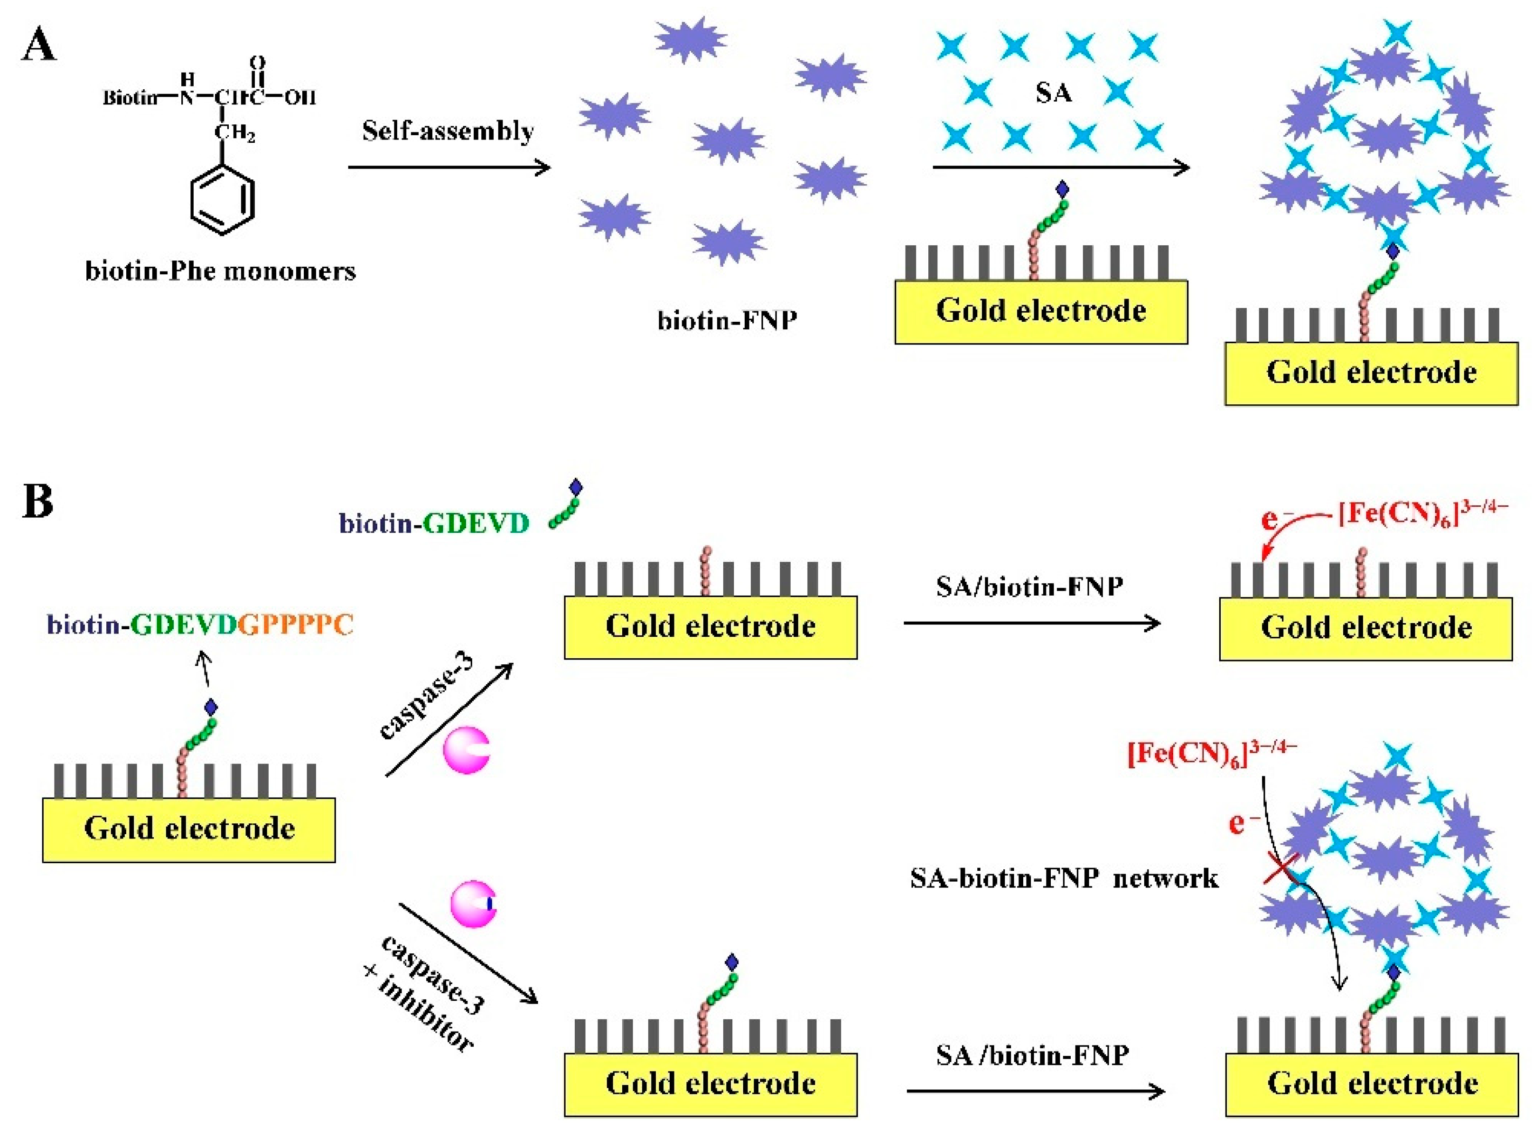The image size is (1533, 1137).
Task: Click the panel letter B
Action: (38, 501)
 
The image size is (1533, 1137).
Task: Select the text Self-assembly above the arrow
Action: (448, 131)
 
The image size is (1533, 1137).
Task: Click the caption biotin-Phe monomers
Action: (220, 271)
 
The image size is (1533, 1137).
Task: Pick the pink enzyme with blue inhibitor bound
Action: (474, 904)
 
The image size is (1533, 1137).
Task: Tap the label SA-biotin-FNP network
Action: (1064, 879)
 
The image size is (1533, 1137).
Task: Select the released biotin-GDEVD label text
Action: (434, 524)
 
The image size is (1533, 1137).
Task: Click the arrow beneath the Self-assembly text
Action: (449, 167)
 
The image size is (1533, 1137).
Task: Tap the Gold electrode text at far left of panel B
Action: (189, 829)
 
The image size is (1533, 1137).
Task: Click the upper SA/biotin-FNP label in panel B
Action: (1029, 587)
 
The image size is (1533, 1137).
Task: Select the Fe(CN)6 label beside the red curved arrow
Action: (1422, 514)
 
